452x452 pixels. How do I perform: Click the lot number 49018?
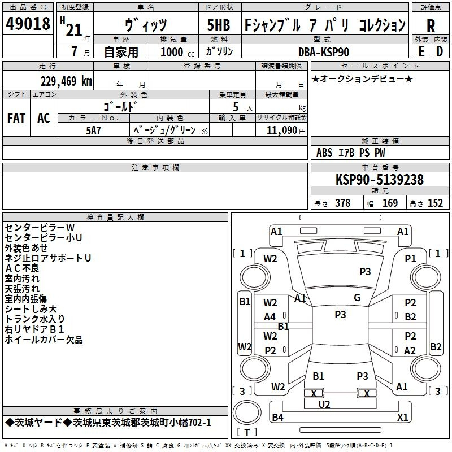(28, 23)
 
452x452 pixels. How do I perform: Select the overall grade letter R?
(431, 26)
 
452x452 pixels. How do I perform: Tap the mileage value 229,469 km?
(66, 81)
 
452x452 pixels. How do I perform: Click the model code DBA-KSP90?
(324, 52)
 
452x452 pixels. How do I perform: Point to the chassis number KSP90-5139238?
(380, 180)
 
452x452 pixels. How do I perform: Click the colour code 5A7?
(94, 131)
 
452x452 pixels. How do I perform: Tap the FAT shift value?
(16, 118)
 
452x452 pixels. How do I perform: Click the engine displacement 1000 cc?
(177, 52)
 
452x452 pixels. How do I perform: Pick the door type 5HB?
(219, 25)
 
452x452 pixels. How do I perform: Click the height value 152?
(435, 203)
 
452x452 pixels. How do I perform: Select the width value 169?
(390, 203)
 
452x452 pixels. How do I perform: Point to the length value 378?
(343, 203)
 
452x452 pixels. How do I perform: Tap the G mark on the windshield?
(357, 298)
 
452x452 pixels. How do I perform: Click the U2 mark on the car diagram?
(324, 405)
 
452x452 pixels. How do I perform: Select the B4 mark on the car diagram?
(277, 417)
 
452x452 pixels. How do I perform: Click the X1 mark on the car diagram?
(402, 417)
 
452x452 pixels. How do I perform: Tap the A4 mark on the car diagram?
(270, 317)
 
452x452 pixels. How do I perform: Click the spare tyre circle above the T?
(247, 412)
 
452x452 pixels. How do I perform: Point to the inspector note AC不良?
(22, 268)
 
